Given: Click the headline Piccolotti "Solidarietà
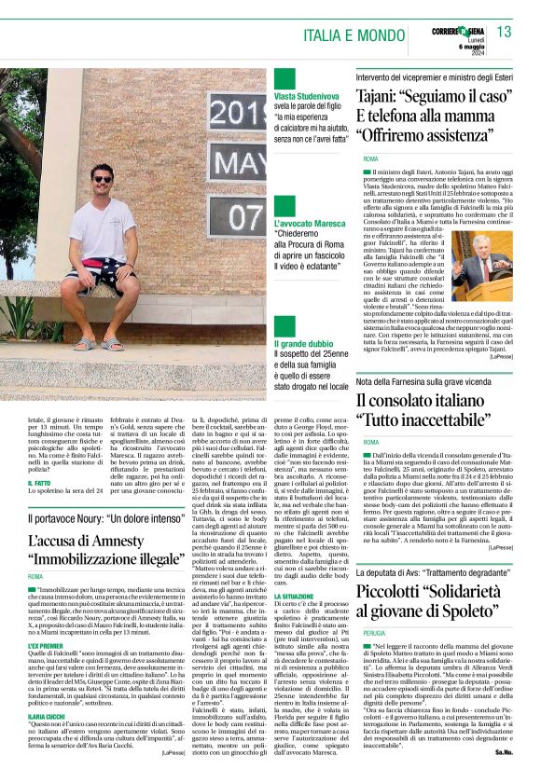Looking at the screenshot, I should (435, 592).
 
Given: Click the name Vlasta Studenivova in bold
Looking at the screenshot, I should (309, 96).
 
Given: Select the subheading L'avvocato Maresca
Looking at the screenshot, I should (309, 225).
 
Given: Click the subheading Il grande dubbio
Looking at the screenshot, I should (304, 344).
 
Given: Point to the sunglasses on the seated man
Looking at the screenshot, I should (103, 178).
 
